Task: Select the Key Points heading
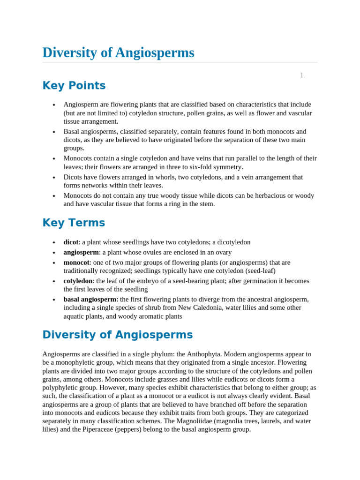74,86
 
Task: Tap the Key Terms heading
74,223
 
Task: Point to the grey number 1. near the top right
302,75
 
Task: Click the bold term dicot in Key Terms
71,242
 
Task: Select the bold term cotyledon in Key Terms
78,281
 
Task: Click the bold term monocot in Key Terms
76,262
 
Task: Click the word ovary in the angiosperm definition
223,253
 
